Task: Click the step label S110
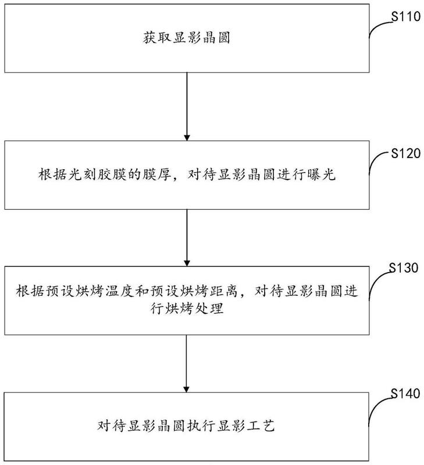(x=405, y=16)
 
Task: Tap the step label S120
(x=405, y=153)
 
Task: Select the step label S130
(x=404, y=267)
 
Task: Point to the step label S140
(x=405, y=394)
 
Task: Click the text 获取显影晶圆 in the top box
(x=187, y=38)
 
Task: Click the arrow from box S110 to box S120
(x=187, y=106)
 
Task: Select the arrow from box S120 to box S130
(x=187, y=238)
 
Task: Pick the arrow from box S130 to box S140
(x=186, y=364)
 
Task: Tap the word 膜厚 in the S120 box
(x=156, y=175)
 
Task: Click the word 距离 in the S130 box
(x=224, y=291)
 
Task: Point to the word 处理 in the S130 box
(x=209, y=309)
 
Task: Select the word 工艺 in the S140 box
(x=260, y=425)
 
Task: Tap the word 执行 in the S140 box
(x=201, y=425)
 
